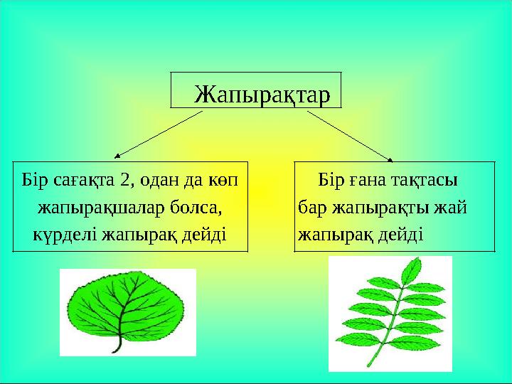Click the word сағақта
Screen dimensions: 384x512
83,178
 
